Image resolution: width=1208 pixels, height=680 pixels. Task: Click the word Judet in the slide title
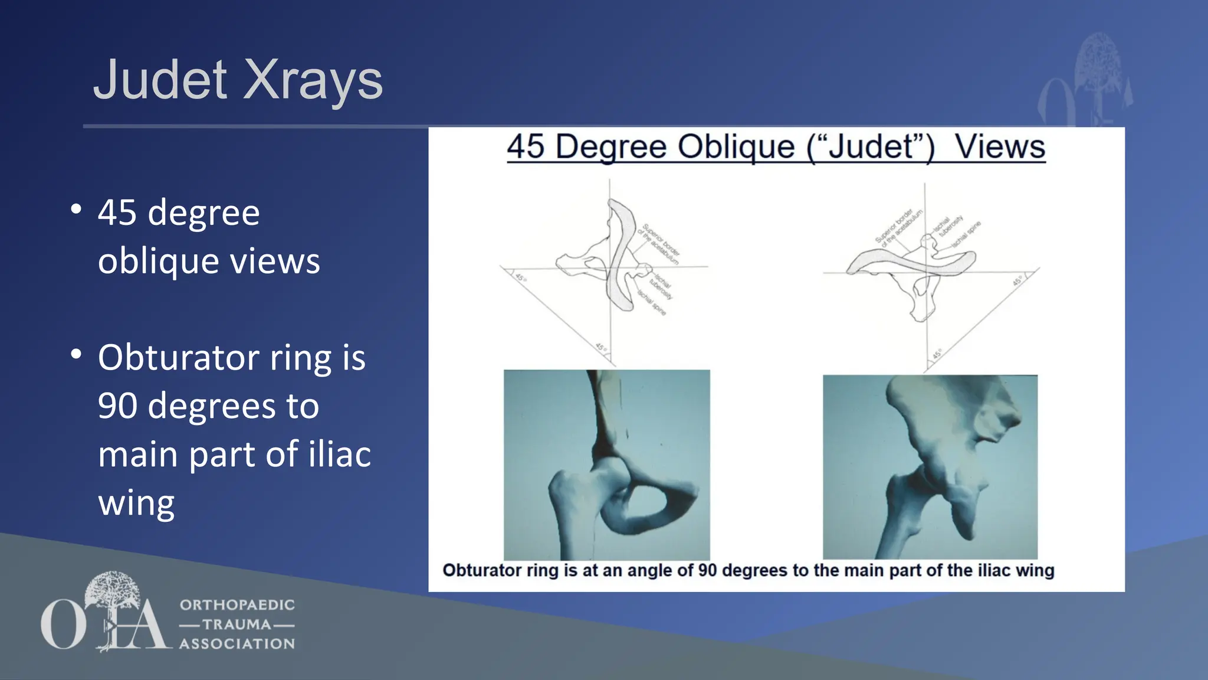160,80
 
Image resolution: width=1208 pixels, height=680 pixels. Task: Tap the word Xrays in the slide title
313,80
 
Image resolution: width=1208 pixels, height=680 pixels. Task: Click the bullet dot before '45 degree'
75,209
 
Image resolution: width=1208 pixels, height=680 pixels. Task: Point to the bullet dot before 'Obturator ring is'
75,354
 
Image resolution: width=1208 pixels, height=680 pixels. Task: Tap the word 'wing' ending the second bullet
136,503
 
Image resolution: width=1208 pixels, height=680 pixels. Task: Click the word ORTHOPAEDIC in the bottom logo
237,605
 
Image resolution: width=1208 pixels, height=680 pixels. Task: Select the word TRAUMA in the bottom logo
237,625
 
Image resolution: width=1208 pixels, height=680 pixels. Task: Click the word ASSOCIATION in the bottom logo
237,644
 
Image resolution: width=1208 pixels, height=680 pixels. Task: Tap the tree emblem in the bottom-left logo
112,590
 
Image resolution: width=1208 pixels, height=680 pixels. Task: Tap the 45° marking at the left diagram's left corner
520,277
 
